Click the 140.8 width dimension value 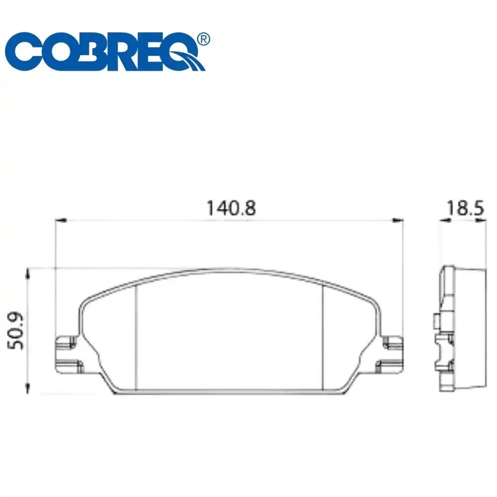232,208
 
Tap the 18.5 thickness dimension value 464,208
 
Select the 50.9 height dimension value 17,331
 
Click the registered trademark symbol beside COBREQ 203,39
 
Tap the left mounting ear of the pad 67,354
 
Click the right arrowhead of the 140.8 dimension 398,220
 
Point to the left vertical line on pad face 136,338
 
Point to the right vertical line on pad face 324,338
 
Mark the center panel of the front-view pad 230,333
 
